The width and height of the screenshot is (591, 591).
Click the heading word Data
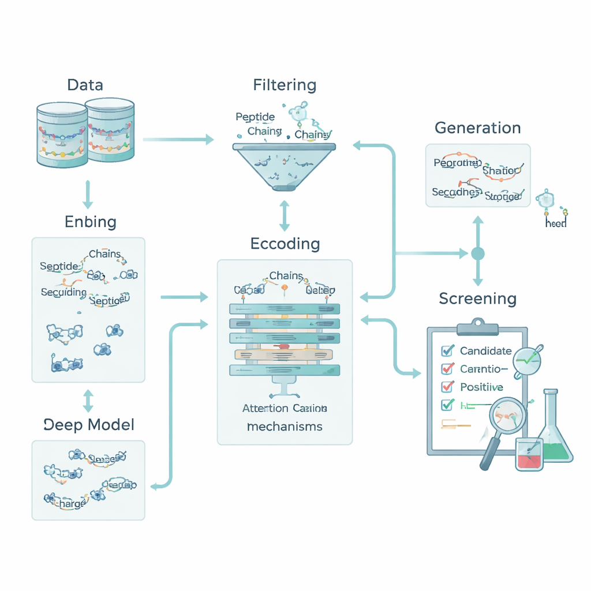[85, 85]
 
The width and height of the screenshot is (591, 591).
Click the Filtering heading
[285, 85]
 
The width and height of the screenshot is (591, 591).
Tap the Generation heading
[477, 128]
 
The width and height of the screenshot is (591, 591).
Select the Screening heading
[477, 298]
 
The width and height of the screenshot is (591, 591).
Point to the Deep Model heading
[89, 425]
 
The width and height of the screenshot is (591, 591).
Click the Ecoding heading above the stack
[285, 244]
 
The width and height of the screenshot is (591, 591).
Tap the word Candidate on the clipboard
[485, 350]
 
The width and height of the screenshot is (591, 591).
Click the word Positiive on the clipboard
[481, 387]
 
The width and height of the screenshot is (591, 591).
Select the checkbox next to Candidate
[447, 350]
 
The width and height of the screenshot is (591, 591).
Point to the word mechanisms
[285, 427]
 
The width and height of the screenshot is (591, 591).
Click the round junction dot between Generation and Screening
[477, 253]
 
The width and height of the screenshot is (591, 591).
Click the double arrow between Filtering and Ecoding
[285, 216]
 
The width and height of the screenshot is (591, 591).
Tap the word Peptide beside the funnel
[255, 117]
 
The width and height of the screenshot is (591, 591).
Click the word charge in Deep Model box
[68, 503]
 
